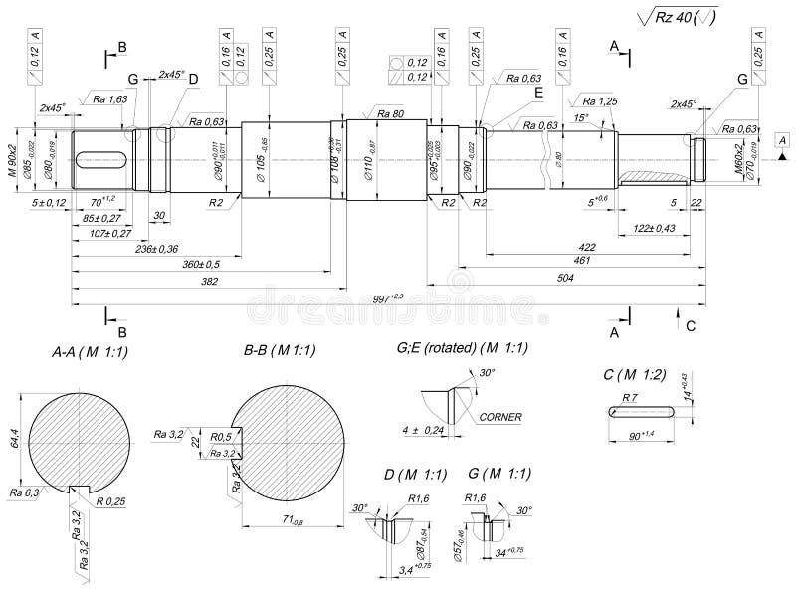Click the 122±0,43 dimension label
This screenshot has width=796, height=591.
click(654, 229)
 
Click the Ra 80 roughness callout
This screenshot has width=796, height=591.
click(390, 114)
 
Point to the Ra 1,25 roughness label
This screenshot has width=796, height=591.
click(601, 101)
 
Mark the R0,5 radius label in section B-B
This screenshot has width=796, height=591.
click(222, 436)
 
